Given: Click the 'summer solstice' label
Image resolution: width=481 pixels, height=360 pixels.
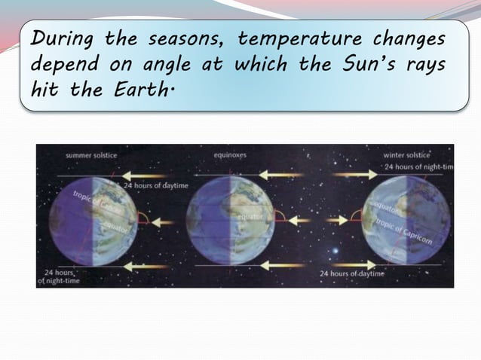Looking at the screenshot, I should point(91,155).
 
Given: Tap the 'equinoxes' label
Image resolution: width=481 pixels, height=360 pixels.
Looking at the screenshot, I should point(231,155).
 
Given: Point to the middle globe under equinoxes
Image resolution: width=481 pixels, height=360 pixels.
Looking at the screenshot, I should point(231,220).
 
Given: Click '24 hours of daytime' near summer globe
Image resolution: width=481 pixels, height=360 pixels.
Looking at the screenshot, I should point(157,185).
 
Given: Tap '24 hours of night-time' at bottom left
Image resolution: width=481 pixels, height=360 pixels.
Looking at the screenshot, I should point(60,276).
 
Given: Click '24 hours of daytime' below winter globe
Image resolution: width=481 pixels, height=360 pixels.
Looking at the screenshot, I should point(351,273).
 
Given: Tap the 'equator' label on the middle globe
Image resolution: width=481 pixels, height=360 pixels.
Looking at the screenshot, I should point(250,217).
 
